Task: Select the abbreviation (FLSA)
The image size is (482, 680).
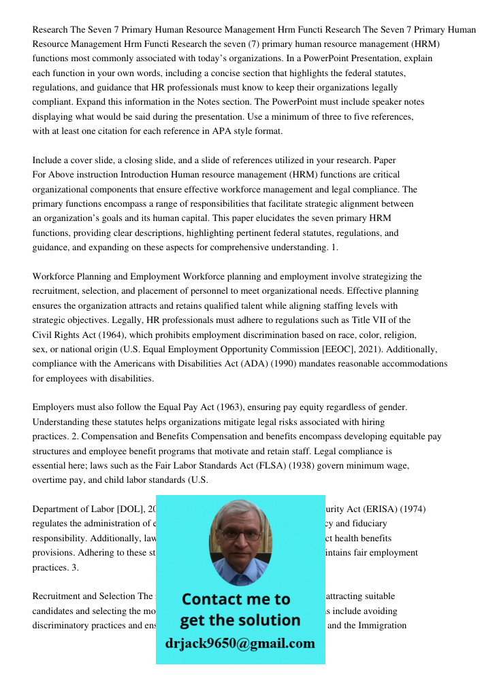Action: (231, 465)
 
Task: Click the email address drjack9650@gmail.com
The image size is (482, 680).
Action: (240, 643)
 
